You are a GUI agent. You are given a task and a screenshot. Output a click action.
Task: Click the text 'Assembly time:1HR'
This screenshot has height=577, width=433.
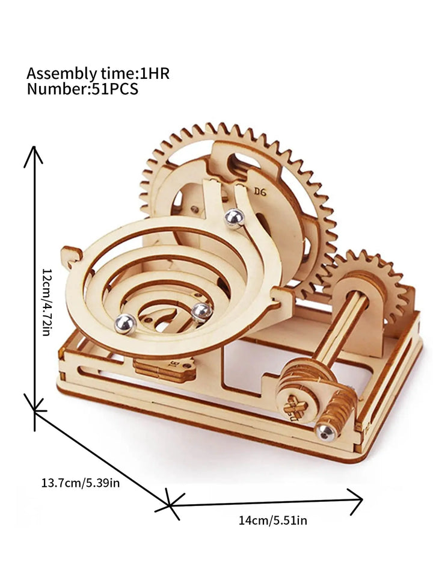tap(98, 74)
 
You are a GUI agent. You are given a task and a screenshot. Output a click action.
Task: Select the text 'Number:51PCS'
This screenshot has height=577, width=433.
tap(82, 89)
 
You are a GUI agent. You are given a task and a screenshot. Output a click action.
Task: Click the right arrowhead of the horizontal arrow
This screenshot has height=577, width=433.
tap(358, 498)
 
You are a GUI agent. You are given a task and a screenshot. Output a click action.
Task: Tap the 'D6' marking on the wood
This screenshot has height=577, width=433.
tap(260, 192)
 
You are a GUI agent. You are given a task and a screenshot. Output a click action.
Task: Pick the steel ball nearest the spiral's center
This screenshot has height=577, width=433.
tap(201, 311)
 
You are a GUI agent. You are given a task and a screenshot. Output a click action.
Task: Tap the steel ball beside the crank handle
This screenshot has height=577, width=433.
tap(325, 431)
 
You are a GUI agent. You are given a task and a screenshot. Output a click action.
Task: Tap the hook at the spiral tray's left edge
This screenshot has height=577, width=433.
tap(72, 256)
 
